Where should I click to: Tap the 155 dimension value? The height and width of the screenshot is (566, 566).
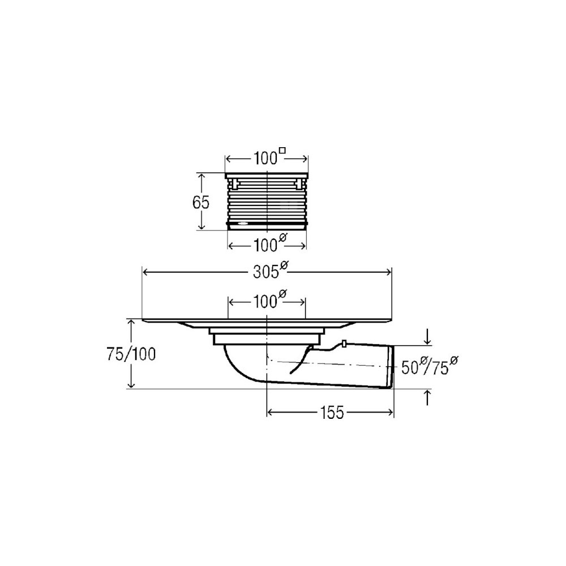tap(332, 413)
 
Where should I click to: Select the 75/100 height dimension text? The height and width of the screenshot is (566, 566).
tap(131, 354)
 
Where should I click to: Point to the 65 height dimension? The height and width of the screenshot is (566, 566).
tap(201, 203)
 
